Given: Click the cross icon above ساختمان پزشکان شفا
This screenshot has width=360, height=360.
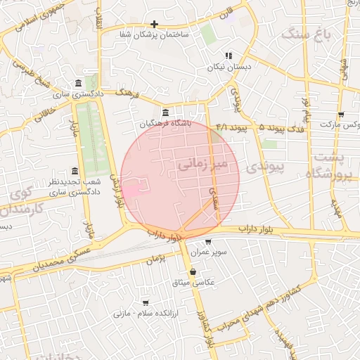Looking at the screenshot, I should pos(154,24).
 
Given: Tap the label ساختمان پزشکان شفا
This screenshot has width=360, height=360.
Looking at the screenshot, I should pos(155,34).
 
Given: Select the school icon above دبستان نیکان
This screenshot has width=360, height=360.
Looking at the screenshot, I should pos(228,56).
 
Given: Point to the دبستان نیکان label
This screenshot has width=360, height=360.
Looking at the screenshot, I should pos(229,67).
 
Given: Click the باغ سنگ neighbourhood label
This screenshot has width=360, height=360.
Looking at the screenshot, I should pos(305,33).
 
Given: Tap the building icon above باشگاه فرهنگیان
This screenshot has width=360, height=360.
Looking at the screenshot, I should pos(165,112).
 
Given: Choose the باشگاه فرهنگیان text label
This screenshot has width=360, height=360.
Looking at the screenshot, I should pos(165,123).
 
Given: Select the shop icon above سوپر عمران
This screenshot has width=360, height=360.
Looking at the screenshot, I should pos(207,242).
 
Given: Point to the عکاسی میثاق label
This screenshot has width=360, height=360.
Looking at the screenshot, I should pos(193,283).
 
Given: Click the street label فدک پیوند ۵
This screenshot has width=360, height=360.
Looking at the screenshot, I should pos(282,129).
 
